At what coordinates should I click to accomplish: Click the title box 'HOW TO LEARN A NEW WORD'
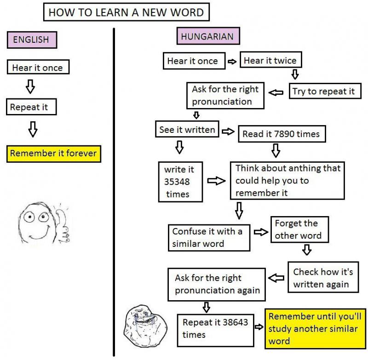click(x=126, y=12)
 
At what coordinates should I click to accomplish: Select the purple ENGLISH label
click(x=31, y=40)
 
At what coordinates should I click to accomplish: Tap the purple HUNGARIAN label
click(x=207, y=36)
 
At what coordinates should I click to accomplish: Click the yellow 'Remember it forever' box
click(x=54, y=153)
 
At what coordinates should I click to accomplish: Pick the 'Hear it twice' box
click(x=270, y=61)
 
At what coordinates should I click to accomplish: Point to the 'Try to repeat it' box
click(x=324, y=91)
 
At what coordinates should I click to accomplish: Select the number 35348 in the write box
click(x=177, y=182)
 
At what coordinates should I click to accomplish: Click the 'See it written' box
click(x=187, y=130)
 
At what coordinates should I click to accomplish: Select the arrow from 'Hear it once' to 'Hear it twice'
click(x=232, y=61)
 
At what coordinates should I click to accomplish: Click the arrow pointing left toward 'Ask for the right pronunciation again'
click(x=276, y=278)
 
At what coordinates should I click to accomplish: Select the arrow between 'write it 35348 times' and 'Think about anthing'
click(x=216, y=181)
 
